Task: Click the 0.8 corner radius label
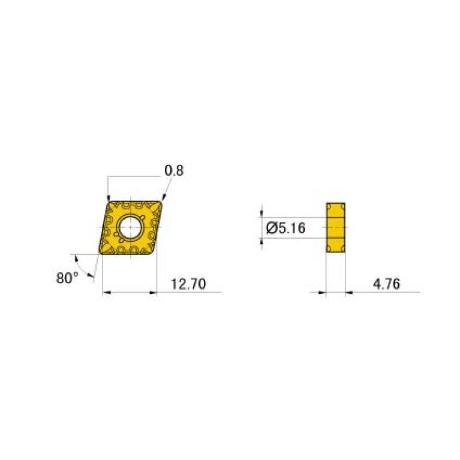(174, 171)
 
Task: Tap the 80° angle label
(68, 278)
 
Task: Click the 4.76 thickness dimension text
(386, 284)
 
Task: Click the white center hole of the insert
(130, 228)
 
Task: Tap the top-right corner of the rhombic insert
(163, 202)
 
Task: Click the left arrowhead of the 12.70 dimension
(106, 292)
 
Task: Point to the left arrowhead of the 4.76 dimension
(322, 292)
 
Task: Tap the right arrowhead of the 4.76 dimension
(350, 292)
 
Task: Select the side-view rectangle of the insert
(336, 228)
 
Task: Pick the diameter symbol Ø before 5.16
(270, 228)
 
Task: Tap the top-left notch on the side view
(329, 206)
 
